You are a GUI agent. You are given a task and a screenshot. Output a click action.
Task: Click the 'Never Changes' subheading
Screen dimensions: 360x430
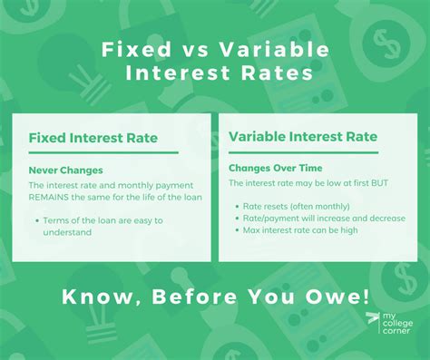coord(64,170)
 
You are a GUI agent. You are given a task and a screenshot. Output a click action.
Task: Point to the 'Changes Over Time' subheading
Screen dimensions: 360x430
coord(276,168)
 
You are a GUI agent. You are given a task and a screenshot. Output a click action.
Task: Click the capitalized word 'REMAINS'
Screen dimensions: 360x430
coord(54,197)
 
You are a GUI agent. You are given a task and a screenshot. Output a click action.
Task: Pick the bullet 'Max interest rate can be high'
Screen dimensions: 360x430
coord(301,229)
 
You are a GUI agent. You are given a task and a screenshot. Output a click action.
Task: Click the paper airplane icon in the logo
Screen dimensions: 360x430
coord(371,319)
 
